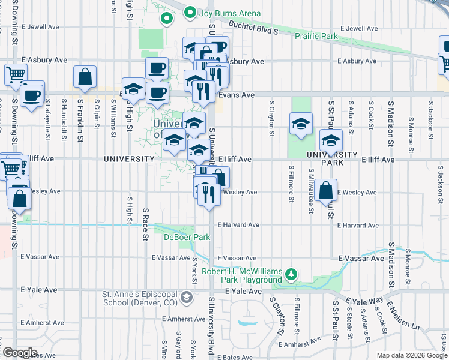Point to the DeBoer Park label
point(187,237)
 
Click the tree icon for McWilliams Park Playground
point(291,274)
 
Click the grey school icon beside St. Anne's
point(187,297)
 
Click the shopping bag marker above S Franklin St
point(85,77)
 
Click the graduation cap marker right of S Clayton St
point(301,124)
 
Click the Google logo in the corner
point(19,353)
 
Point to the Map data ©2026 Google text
point(411,355)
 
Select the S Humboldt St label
point(63,116)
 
